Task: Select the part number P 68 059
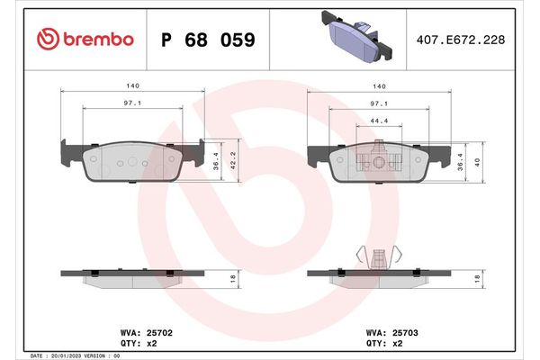click(x=206, y=40)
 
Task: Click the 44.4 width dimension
click(x=379, y=121)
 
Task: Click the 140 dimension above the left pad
click(x=131, y=85)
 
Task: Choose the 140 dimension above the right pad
click(x=379, y=85)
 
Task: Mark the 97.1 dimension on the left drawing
click(x=131, y=103)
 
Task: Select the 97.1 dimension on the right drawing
click(x=379, y=103)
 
